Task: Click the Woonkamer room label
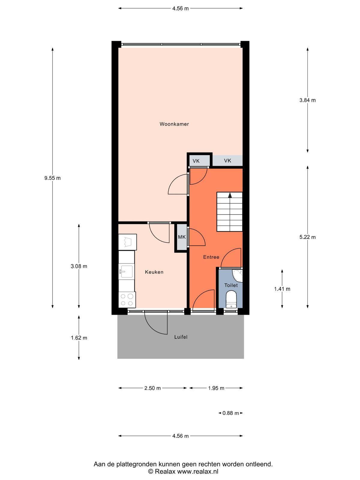coord(174,124)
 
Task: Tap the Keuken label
coord(154,272)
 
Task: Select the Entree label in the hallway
coord(211,257)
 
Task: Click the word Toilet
coord(231,285)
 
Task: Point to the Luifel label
coord(181,337)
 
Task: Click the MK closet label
coord(182,237)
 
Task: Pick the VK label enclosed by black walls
coord(196,161)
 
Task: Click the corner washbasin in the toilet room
coord(238,275)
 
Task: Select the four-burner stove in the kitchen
coord(127,300)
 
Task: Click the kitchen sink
coord(126,271)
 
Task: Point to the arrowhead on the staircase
coord(230,195)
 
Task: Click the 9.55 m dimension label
coord(52,178)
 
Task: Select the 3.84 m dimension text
coord(307,100)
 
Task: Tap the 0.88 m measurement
coord(231,413)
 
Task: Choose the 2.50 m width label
coord(152,388)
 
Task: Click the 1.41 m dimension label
coord(282,289)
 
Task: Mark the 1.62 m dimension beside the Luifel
coord(79,338)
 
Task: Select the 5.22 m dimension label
coord(307,237)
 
